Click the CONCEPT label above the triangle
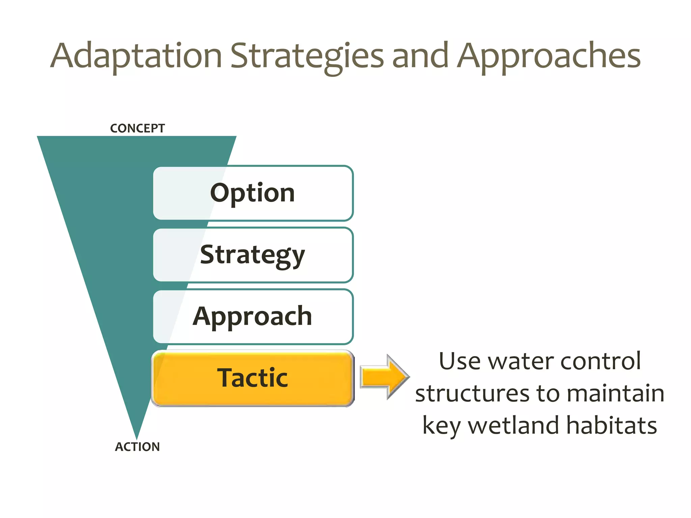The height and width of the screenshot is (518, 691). [137, 128]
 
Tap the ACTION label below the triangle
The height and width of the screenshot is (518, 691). [137, 447]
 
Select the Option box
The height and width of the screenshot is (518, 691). [253, 193]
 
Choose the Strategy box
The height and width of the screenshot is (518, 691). [253, 255]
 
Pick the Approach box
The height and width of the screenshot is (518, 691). [253, 317]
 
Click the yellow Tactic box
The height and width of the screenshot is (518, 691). [253, 378]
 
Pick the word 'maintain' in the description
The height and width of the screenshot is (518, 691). [616, 394]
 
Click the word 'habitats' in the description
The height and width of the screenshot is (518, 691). [612, 426]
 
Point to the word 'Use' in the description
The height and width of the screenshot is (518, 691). [460, 362]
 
